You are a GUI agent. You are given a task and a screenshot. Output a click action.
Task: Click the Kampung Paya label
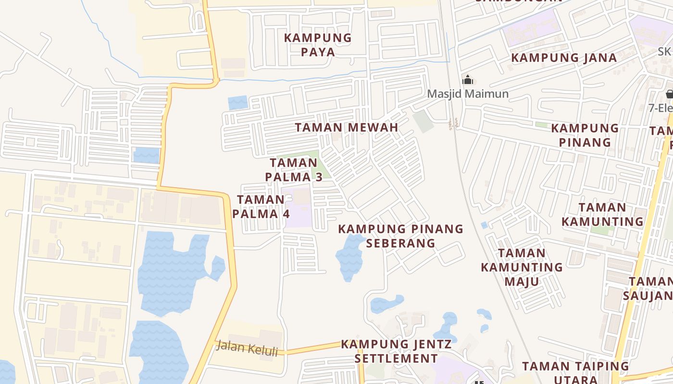(318, 45)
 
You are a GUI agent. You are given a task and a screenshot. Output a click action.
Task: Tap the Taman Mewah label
(346, 128)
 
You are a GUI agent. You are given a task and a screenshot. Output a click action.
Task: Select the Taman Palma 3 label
(294, 170)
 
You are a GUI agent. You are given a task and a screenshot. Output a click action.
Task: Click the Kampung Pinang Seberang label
(400, 236)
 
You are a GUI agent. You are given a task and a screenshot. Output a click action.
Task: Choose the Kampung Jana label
(563, 58)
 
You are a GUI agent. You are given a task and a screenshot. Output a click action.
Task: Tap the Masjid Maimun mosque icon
(468, 80)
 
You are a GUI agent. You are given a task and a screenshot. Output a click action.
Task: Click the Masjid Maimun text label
(468, 94)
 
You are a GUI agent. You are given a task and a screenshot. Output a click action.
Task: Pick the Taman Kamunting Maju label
(522, 267)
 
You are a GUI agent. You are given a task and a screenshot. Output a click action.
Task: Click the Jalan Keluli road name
(247, 348)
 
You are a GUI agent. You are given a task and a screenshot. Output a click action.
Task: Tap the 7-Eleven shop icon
(669, 94)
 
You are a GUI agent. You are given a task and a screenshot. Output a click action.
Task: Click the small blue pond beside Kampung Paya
(237, 103)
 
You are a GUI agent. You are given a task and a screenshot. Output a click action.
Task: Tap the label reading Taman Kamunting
(602, 215)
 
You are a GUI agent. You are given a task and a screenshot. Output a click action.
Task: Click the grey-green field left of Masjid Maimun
(423, 121)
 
